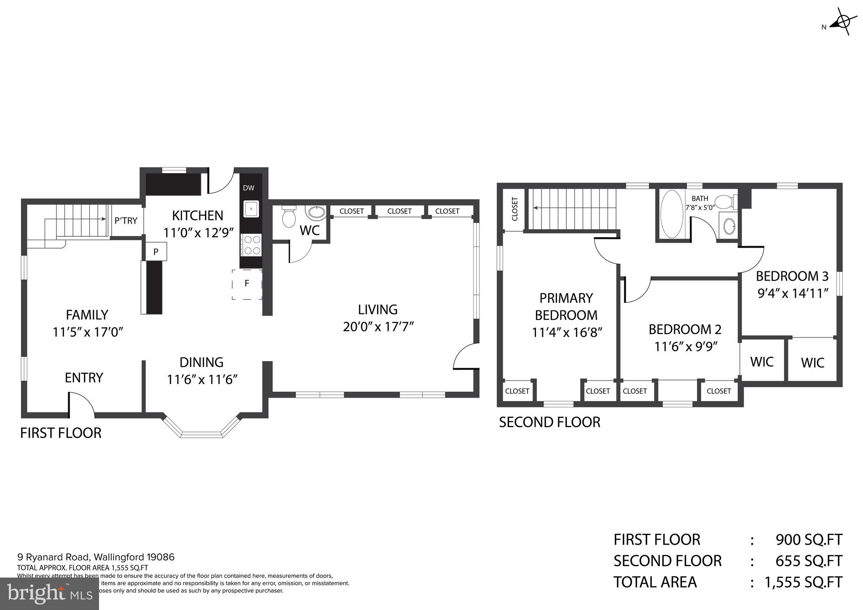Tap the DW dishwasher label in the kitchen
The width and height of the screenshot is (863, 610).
pos(249,188)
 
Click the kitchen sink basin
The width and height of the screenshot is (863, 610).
pos(251,209)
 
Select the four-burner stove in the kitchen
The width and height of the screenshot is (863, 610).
pos(252,245)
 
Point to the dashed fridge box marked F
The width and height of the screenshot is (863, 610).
pos(247,284)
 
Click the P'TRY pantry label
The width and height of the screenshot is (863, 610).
pos(126,220)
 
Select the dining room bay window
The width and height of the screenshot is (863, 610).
pos(201,430)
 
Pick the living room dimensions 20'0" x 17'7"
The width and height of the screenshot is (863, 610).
pos(378,326)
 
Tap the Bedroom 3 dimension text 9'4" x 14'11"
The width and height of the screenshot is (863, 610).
pos(793,293)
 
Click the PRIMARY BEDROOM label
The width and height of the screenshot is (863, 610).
pos(566,306)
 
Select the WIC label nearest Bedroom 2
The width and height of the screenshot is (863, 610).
pos(762,361)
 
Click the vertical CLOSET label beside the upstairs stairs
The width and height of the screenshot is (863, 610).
pos(515,209)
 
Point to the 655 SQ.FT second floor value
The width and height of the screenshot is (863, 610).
pos(808,561)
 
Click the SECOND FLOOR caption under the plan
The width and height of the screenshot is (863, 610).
pos(549,422)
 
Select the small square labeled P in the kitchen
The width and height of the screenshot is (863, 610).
pos(156,252)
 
